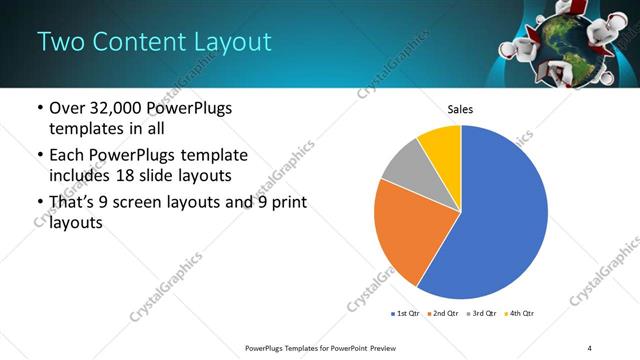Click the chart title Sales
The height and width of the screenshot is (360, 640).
pyautogui.click(x=460, y=110)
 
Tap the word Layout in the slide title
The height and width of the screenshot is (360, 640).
pyautogui.click(x=235, y=42)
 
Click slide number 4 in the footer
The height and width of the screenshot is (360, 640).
pyautogui.click(x=590, y=347)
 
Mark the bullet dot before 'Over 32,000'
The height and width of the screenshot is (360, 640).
pyautogui.click(x=38, y=108)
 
